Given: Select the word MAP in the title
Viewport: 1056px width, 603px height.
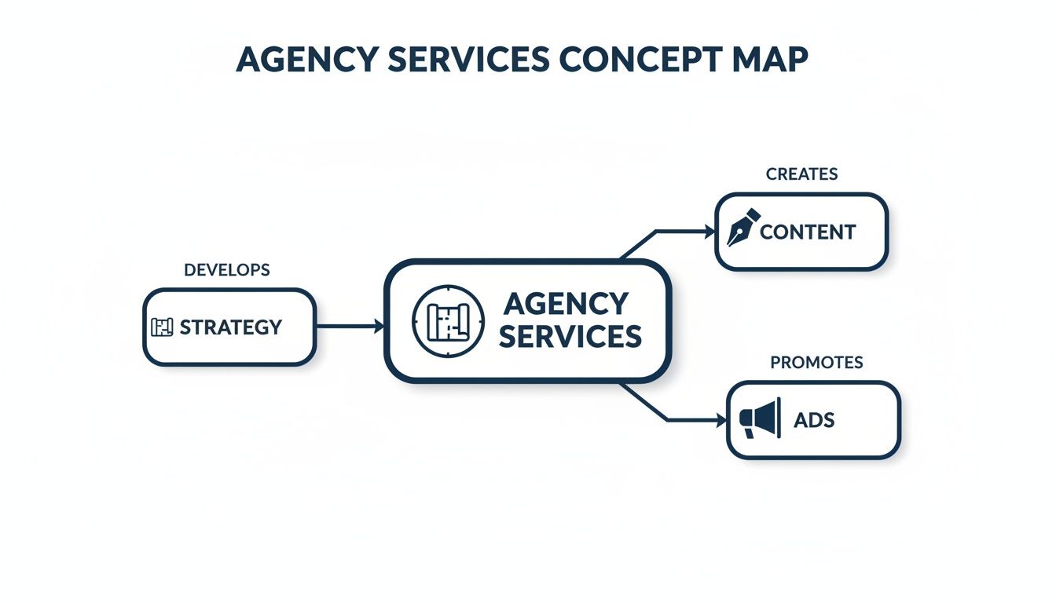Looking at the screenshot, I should (770, 60).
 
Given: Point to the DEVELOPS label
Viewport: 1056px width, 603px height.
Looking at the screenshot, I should (226, 270).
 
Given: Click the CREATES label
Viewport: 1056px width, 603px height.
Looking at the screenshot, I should (801, 174).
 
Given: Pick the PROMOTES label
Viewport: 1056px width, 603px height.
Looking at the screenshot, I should (816, 363).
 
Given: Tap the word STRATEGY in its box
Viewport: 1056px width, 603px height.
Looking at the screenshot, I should (230, 327).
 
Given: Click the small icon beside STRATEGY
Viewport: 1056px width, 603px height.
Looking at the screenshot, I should (161, 327).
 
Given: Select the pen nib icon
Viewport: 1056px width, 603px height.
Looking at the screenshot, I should (742, 227).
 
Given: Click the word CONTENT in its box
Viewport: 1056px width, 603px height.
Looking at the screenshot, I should (807, 232).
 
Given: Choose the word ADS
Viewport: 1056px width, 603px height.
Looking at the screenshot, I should (814, 420).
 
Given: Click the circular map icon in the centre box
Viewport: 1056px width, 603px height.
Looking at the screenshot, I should (448, 321).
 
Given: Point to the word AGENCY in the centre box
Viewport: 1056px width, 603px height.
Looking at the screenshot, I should (566, 304).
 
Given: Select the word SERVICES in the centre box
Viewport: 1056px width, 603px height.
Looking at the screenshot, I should (570, 337).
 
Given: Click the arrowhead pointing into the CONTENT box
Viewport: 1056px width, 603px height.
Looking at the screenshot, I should (709, 232).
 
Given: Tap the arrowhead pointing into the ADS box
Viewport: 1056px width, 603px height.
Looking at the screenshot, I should (721, 421).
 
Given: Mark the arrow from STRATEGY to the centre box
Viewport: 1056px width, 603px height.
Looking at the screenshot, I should (349, 326).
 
